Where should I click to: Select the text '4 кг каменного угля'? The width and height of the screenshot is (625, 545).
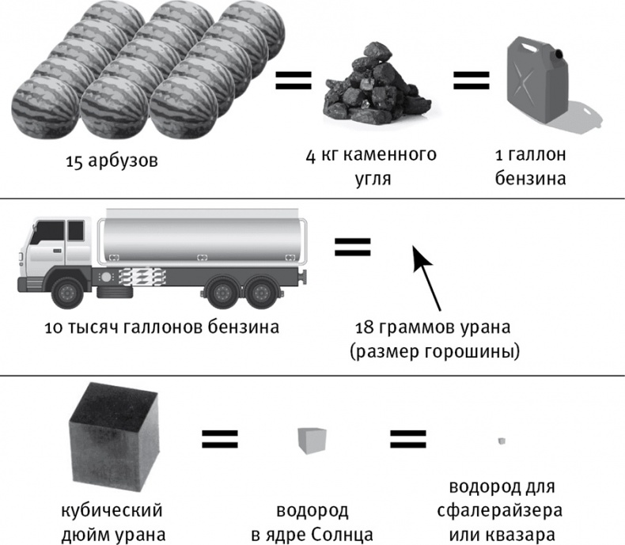pyautogui.click(x=370, y=165)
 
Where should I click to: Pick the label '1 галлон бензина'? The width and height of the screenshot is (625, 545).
pyautogui.click(x=530, y=165)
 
